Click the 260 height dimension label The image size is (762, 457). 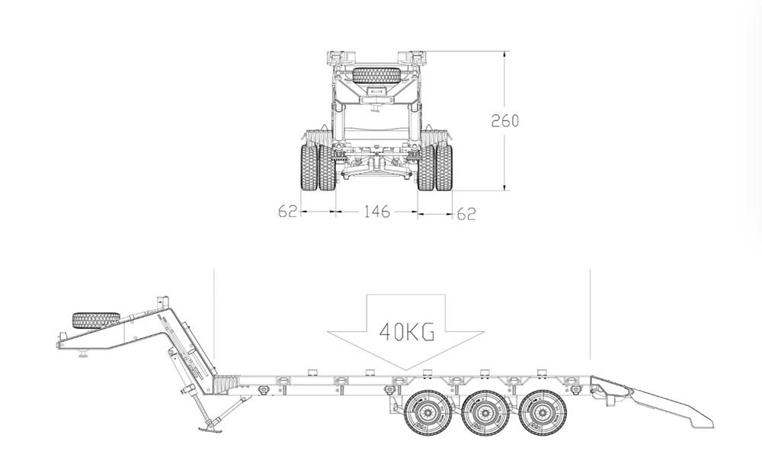point(505,120)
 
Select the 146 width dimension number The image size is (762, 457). point(377,211)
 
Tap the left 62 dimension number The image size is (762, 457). point(287,211)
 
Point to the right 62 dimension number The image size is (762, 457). point(466,214)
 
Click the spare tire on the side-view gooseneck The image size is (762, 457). point(96,320)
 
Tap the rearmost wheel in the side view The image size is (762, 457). point(540,414)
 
